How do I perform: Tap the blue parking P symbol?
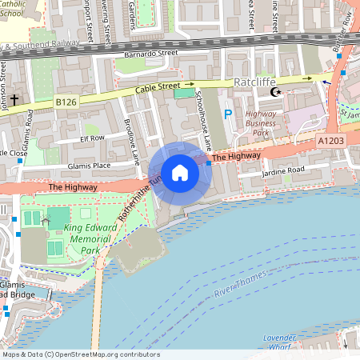(x=228, y=114)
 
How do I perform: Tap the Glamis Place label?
(x=89, y=166)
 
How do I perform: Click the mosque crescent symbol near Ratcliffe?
(x=277, y=93)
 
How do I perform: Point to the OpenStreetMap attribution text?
(x=81, y=354)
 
